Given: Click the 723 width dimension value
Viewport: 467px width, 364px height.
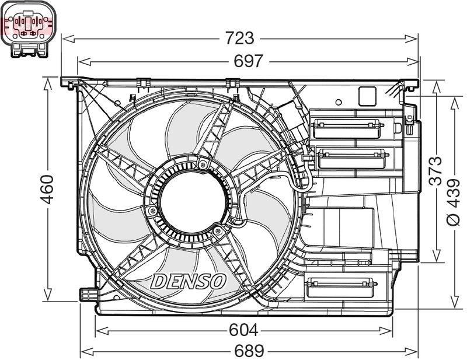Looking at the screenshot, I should click(240, 38).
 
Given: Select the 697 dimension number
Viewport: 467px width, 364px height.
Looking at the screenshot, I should click(248, 61).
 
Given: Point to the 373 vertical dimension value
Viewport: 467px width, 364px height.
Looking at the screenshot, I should click(435, 170).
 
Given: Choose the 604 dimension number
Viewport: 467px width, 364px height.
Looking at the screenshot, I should click(243, 330).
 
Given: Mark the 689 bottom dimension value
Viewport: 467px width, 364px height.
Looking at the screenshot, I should click(249, 351).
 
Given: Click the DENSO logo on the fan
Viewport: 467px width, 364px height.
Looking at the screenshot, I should click(189, 281).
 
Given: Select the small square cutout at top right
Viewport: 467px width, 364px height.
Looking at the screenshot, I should click(367, 96).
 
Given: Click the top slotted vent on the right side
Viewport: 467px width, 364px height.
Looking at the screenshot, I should click(346, 125).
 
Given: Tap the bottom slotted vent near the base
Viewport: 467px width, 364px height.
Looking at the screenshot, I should click(341, 285).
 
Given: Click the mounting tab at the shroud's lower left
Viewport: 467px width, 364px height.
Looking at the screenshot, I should click(86, 295).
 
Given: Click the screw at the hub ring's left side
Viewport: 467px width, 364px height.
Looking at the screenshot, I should click(153, 211).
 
